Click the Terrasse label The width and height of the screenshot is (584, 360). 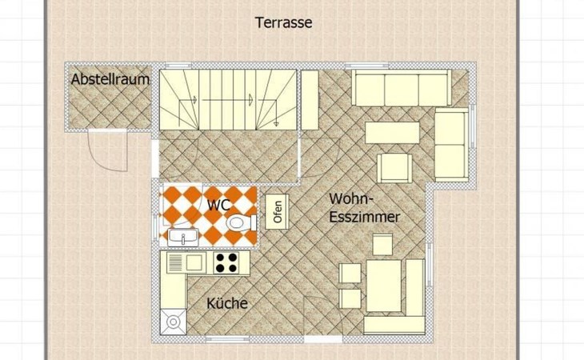(x=283, y=22)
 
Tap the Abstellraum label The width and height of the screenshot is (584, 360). (x=110, y=79)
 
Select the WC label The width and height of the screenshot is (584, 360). (x=219, y=205)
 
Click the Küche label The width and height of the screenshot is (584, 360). (x=227, y=303)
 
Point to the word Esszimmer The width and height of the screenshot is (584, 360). (x=365, y=217)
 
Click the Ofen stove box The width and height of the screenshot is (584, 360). (x=277, y=212)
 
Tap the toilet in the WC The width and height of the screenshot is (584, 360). (x=242, y=223)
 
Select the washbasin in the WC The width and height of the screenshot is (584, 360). (x=182, y=238)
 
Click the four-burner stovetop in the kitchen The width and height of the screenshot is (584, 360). (x=226, y=262)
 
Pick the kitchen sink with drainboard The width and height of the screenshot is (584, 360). (x=186, y=263)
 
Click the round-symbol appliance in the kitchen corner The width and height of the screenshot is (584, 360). (x=173, y=322)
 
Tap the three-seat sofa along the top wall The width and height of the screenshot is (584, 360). (x=402, y=88)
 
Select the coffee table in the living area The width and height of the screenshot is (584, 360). (x=392, y=133)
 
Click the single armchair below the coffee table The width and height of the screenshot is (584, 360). (x=394, y=168)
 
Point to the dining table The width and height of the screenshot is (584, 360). (x=384, y=286)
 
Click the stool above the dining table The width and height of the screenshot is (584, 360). (x=382, y=244)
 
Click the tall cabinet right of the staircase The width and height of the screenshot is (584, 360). (x=310, y=100)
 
